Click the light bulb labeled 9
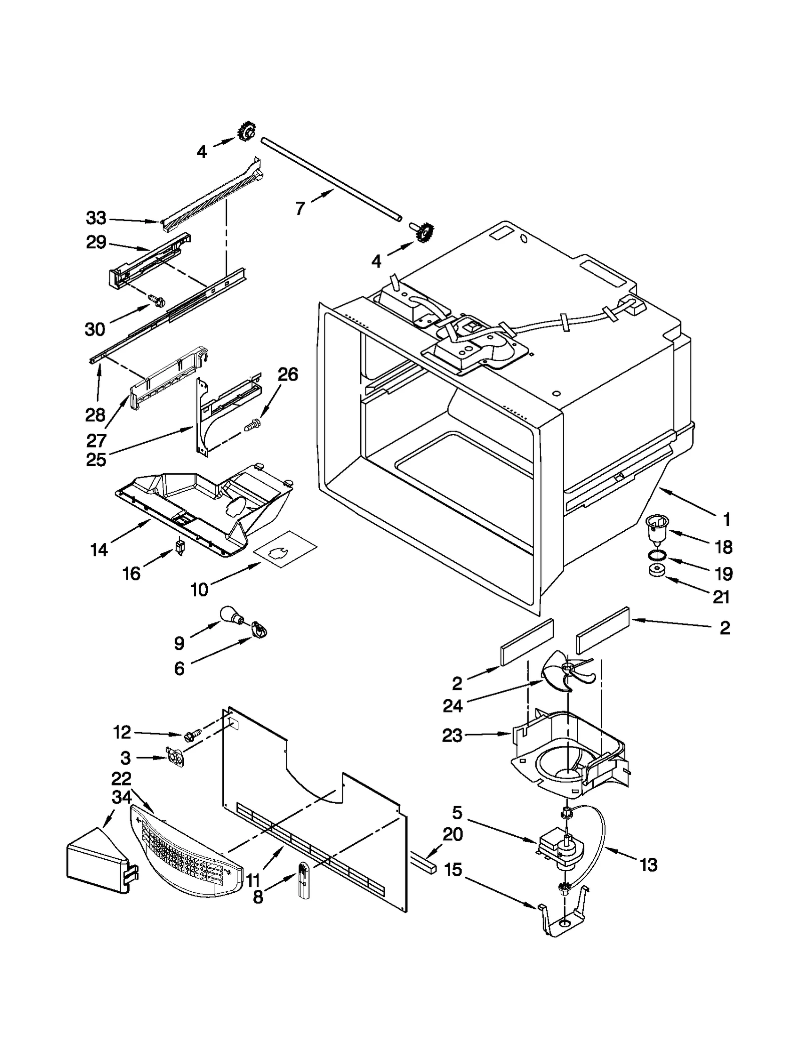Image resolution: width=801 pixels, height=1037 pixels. (231, 614)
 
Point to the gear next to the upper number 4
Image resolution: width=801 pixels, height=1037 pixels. (246, 132)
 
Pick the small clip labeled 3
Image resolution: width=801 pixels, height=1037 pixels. (174, 758)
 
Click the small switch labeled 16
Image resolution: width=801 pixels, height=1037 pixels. (180, 546)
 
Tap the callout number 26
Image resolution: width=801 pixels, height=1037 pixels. (288, 374)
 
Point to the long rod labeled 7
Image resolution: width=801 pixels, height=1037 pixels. (330, 179)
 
